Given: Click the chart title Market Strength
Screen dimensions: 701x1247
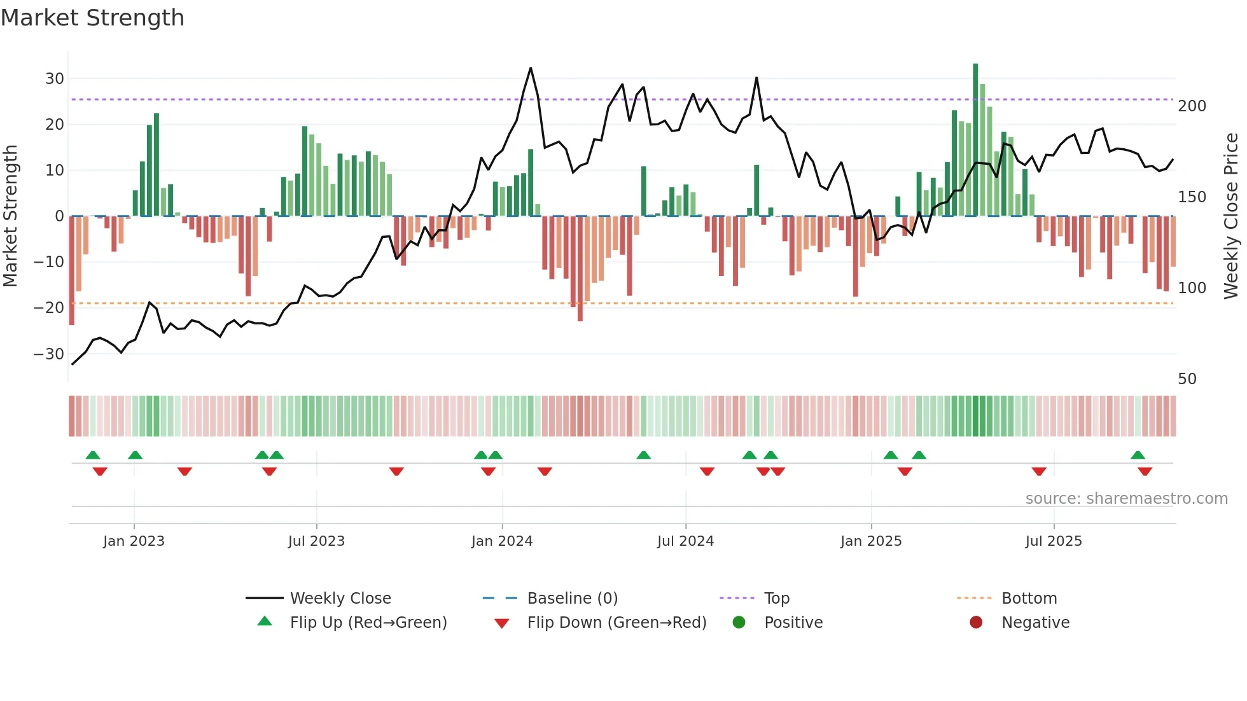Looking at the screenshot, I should [92, 18].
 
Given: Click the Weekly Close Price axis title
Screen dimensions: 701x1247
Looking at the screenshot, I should [1232, 216].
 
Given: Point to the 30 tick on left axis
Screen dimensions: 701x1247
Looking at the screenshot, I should [55, 79].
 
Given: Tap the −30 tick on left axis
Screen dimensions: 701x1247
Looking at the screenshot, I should [50, 354].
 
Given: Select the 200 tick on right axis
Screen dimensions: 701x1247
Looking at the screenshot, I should [1192, 106].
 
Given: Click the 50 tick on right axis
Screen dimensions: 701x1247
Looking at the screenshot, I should [1187, 379].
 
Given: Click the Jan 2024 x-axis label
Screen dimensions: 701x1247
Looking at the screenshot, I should [502, 541].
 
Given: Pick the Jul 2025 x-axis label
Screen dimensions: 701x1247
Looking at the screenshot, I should [1054, 541].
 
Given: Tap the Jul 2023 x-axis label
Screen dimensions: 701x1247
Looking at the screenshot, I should [316, 541].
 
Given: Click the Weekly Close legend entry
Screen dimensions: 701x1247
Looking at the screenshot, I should [340, 599].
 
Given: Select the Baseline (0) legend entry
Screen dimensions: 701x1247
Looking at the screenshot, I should [572, 599].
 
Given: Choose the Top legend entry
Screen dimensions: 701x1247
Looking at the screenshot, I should [777, 599].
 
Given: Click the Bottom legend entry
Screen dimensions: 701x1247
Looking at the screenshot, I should [1029, 599].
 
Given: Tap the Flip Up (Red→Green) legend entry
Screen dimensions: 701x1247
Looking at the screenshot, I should [368, 623].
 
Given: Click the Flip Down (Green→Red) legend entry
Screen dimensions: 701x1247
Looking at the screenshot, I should [617, 623].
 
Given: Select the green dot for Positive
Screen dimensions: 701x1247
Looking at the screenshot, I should [739, 622].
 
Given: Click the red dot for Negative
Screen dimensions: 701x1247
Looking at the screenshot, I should [976, 622].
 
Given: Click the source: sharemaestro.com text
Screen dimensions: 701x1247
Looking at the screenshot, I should [1126, 499].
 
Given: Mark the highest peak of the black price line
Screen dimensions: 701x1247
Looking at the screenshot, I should [531, 68].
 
